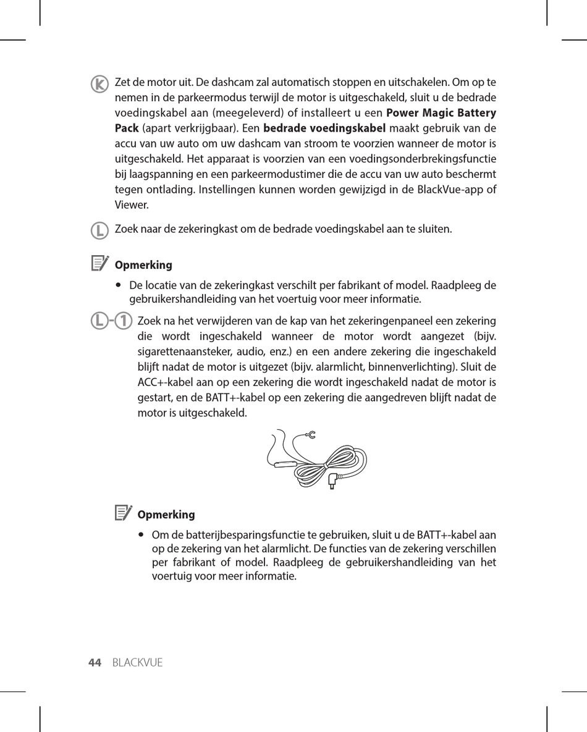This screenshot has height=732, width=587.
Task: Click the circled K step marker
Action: tap(98, 84)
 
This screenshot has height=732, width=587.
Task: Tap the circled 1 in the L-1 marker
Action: tap(124, 321)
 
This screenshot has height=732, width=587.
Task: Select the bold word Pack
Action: tap(127, 128)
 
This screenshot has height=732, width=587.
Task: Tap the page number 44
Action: tap(95, 663)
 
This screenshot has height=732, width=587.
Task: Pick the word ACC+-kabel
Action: tap(163, 382)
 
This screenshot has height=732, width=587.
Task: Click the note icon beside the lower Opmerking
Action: tap(123, 512)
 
